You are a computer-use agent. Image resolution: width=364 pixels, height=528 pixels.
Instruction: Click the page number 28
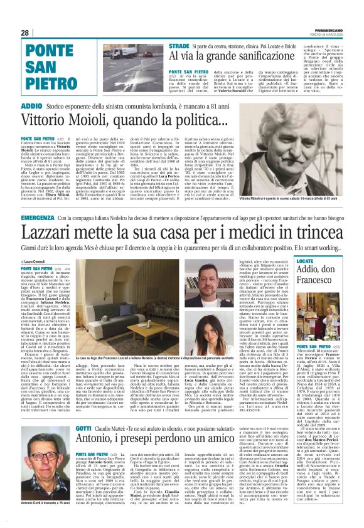coord(25,32)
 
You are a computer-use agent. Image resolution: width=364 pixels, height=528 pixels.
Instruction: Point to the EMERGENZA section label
coord(37,217)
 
